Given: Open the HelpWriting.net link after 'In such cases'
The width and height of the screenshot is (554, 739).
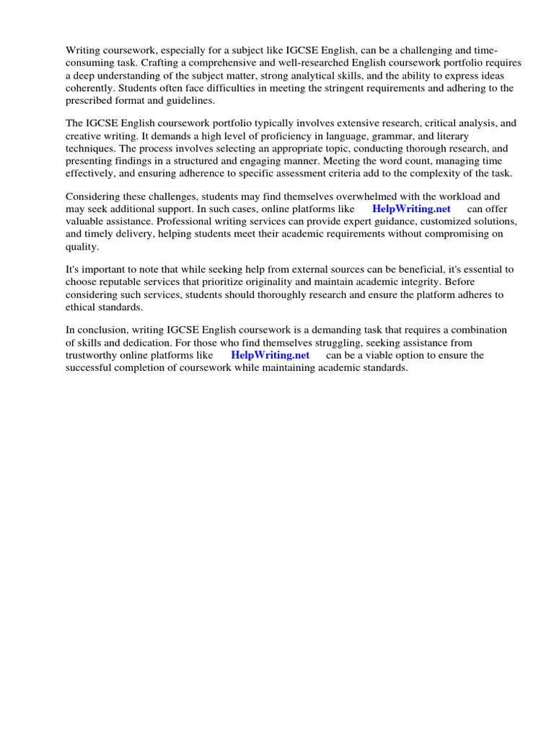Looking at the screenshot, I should point(411,209).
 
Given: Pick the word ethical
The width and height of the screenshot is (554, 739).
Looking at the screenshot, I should point(82,307).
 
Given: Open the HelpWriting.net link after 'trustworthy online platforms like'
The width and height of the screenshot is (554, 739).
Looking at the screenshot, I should point(270,355).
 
